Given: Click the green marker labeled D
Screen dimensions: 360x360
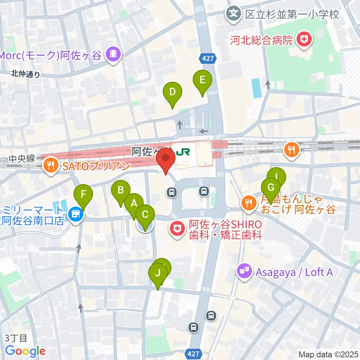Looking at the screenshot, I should (x=172, y=92).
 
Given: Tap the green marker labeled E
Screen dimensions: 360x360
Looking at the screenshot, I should (x=202, y=80).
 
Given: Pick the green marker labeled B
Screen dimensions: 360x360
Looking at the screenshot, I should (x=121, y=190).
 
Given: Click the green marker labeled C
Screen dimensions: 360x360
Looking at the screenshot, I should (x=145, y=215).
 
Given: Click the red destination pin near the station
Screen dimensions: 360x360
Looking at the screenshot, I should (x=166, y=158).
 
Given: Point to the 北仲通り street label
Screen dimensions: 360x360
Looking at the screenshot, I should (x=25, y=74).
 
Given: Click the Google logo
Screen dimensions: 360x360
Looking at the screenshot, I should (x=25, y=351).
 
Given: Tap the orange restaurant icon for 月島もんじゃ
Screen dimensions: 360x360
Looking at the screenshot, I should (x=249, y=203).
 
